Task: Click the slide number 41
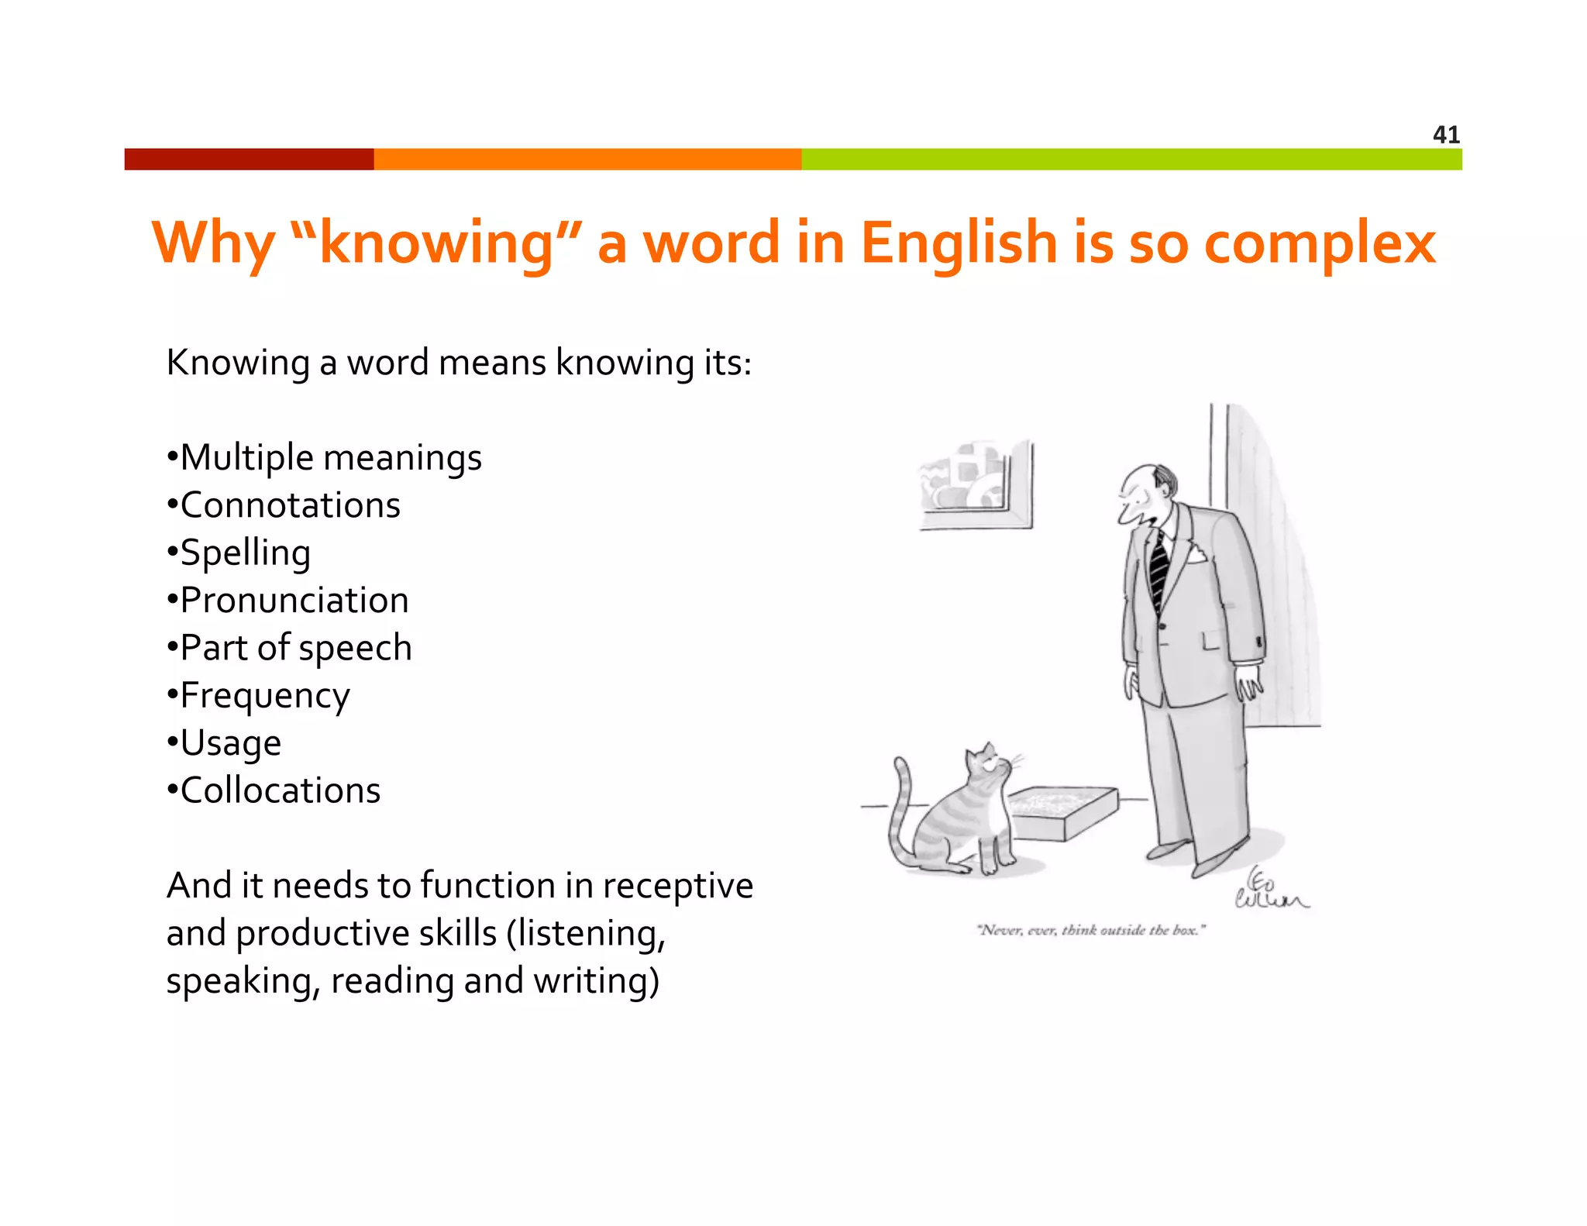click(x=1446, y=135)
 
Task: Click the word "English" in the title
click(x=959, y=243)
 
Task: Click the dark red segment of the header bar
click(x=249, y=159)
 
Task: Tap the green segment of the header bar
click(x=1131, y=159)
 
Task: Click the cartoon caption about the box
click(x=1091, y=930)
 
